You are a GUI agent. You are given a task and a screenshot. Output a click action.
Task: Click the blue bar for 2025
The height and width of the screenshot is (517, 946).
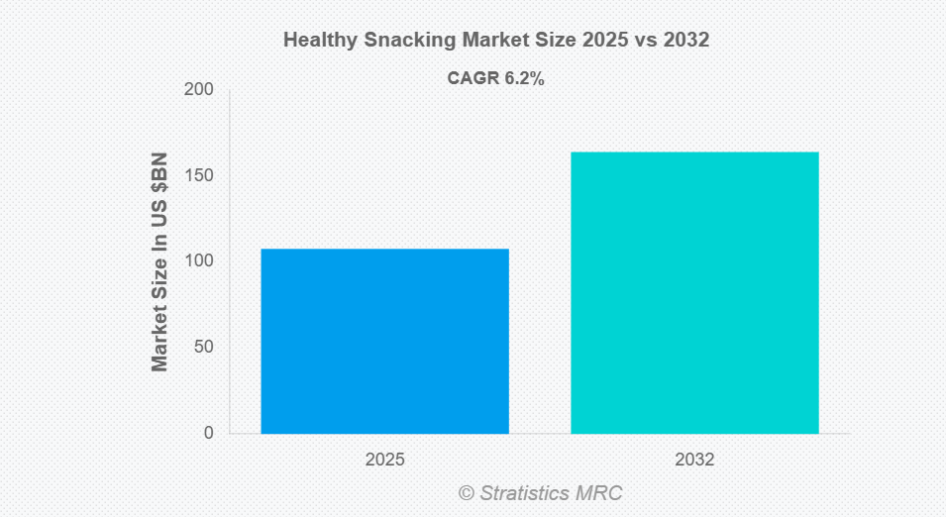coord(384,341)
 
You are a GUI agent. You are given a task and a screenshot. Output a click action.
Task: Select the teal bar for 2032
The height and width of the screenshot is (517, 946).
coord(694,292)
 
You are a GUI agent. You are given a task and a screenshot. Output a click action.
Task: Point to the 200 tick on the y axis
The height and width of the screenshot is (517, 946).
coord(200,90)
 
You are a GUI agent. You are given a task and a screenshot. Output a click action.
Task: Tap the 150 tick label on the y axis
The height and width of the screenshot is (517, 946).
coord(200,176)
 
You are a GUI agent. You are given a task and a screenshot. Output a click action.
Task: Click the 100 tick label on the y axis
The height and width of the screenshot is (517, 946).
coord(200,261)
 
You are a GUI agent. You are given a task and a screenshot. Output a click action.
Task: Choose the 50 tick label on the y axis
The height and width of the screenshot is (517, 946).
coord(204,348)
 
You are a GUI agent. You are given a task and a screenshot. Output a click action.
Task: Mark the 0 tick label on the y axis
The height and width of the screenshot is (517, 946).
coord(208,433)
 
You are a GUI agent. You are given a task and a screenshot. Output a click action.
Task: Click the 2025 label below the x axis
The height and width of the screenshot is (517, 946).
coord(384,461)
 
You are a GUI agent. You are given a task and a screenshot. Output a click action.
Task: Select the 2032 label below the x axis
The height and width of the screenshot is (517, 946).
coord(694,461)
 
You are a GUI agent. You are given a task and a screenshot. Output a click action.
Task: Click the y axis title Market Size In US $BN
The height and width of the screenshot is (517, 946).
coord(159,262)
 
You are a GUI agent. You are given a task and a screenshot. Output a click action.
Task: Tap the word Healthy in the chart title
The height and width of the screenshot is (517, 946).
coord(316,41)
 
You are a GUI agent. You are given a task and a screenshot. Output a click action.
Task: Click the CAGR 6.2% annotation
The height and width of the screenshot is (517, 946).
coord(496,79)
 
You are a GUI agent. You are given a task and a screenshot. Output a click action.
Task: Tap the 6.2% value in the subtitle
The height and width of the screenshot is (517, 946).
coord(522,79)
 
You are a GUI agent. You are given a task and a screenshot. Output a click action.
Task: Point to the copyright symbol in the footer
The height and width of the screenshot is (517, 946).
coord(466,492)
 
